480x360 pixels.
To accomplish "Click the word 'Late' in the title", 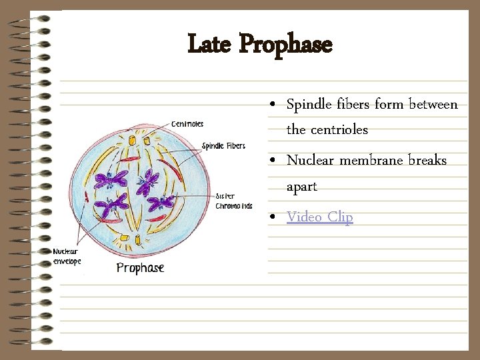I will [x=210, y=45].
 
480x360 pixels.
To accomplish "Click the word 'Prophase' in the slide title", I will [x=285, y=45].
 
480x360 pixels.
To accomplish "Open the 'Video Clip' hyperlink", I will [x=319, y=217].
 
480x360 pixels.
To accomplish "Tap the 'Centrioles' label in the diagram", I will [x=187, y=124].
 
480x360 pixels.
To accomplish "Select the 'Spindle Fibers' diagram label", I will [x=223, y=146].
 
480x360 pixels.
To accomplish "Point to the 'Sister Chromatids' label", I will [x=233, y=201].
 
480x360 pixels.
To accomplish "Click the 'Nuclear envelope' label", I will [x=67, y=256].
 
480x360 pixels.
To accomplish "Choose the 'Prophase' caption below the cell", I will [x=140, y=268].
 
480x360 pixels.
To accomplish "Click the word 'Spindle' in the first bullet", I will [x=309, y=105].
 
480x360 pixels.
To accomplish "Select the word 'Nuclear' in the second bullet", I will [x=310, y=161].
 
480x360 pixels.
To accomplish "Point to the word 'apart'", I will [x=301, y=187].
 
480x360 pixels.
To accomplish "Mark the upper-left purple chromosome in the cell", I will [x=110, y=179].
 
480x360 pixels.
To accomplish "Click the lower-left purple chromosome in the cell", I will [x=111, y=205].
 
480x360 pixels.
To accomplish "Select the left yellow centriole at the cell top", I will [x=131, y=141].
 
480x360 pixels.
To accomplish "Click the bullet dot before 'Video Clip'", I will [x=275, y=218].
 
